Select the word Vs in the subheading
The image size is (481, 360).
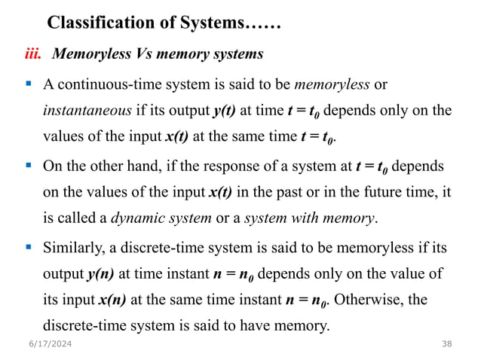pos(146,55)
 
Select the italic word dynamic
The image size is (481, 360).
pos(141,219)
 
